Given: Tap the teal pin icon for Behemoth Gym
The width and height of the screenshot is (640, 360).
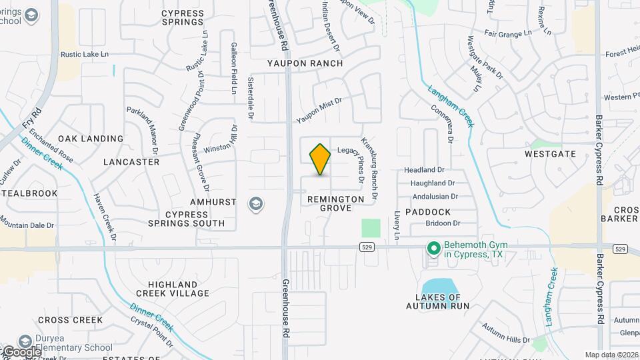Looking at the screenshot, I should (434, 249).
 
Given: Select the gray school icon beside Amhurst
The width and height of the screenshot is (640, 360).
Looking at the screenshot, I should (255, 204).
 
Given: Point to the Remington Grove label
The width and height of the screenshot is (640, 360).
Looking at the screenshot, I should (336, 203).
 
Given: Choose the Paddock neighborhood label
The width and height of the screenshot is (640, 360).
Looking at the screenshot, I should (427, 212).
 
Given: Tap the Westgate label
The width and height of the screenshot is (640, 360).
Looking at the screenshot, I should (550, 153).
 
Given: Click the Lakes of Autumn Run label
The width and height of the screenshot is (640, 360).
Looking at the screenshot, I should (438, 301).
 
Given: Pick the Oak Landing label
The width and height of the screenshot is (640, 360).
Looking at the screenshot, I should (91, 139).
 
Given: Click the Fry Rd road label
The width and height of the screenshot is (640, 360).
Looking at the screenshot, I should (31, 119).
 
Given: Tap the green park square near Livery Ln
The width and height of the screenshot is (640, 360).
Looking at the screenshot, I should (371, 228).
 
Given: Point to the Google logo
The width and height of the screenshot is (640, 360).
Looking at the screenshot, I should (21, 351).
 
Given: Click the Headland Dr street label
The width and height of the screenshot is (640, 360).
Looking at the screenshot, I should (424, 170).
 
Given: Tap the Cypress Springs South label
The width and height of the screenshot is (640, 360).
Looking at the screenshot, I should (177, 219).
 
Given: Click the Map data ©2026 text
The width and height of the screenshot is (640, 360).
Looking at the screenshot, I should (611, 355).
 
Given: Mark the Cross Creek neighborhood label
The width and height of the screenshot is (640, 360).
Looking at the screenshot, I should (70, 320).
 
